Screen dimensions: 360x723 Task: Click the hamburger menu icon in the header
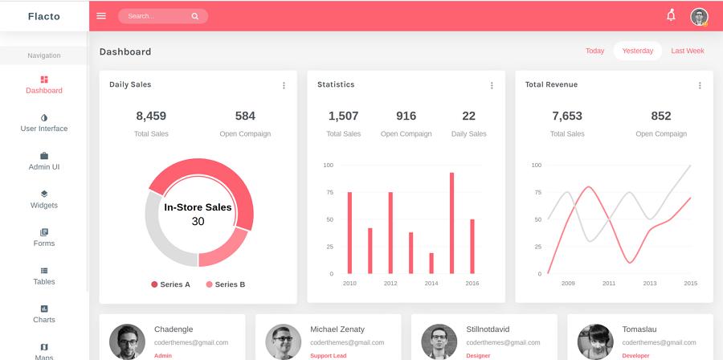click(x=101, y=16)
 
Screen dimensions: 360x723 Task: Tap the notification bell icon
click(x=671, y=15)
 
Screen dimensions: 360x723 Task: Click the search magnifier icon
click(x=195, y=16)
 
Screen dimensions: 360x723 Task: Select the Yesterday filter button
click(x=638, y=51)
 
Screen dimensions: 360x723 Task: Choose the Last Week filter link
click(x=688, y=51)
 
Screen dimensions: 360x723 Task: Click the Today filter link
click(x=594, y=51)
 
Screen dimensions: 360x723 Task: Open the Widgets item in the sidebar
click(x=44, y=199)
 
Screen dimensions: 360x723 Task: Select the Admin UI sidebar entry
click(x=44, y=161)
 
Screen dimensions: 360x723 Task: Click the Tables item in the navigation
click(x=44, y=276)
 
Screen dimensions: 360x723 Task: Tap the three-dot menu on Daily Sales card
click(x=284, y=85)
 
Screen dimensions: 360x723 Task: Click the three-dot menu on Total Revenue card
click(x=700, y=85)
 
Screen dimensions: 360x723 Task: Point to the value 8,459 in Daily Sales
click(x=151, y=116)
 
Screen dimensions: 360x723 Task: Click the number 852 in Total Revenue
click(x=661, y=116)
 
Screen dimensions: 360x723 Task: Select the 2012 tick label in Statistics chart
click(x=390, y=284)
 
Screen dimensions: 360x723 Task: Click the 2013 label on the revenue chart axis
click(x=650, y=284)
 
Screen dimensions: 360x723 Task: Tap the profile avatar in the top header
click(x=699, y=17)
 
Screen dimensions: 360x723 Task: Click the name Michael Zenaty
click(x=337, y=329)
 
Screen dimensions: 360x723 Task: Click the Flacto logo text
click(x=43, y=16)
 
